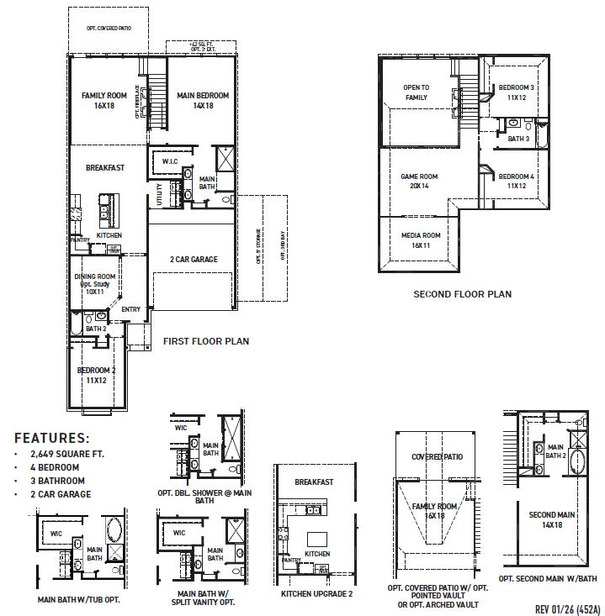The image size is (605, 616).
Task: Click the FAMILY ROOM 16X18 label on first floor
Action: [x=104, y=101]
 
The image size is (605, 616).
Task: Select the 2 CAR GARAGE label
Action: [x=194, y=259]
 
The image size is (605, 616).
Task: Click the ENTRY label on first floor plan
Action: [x=130, y=309]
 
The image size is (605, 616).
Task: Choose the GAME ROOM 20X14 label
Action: [x=419, y=182]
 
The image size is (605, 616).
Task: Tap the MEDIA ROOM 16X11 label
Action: [x=421, y=240]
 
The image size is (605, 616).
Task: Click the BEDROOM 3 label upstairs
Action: [x=516, y=92]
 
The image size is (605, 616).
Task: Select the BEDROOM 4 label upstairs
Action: [x=516, y=182]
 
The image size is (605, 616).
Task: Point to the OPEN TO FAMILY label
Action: [x=416, y=92]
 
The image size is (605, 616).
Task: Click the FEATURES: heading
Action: [x=52, y=438]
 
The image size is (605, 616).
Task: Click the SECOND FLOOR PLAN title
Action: [x=462, y=295]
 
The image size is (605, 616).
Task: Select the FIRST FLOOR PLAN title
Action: [x=206, y=342]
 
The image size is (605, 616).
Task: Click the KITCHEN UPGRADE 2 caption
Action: [x=316, y=593]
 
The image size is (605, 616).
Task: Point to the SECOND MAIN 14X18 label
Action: [x=551, y=519]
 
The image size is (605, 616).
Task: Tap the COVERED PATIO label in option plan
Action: [x=437, y=456]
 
